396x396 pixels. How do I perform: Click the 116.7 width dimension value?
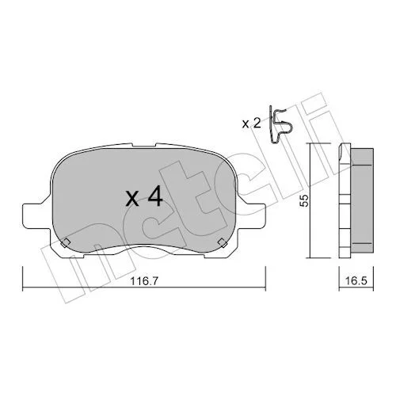144,281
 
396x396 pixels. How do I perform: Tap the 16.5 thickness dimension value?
356,281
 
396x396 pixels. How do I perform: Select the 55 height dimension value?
304,200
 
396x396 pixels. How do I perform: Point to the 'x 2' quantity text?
251,124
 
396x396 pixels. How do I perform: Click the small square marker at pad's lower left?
65,242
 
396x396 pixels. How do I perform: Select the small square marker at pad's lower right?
223,242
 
